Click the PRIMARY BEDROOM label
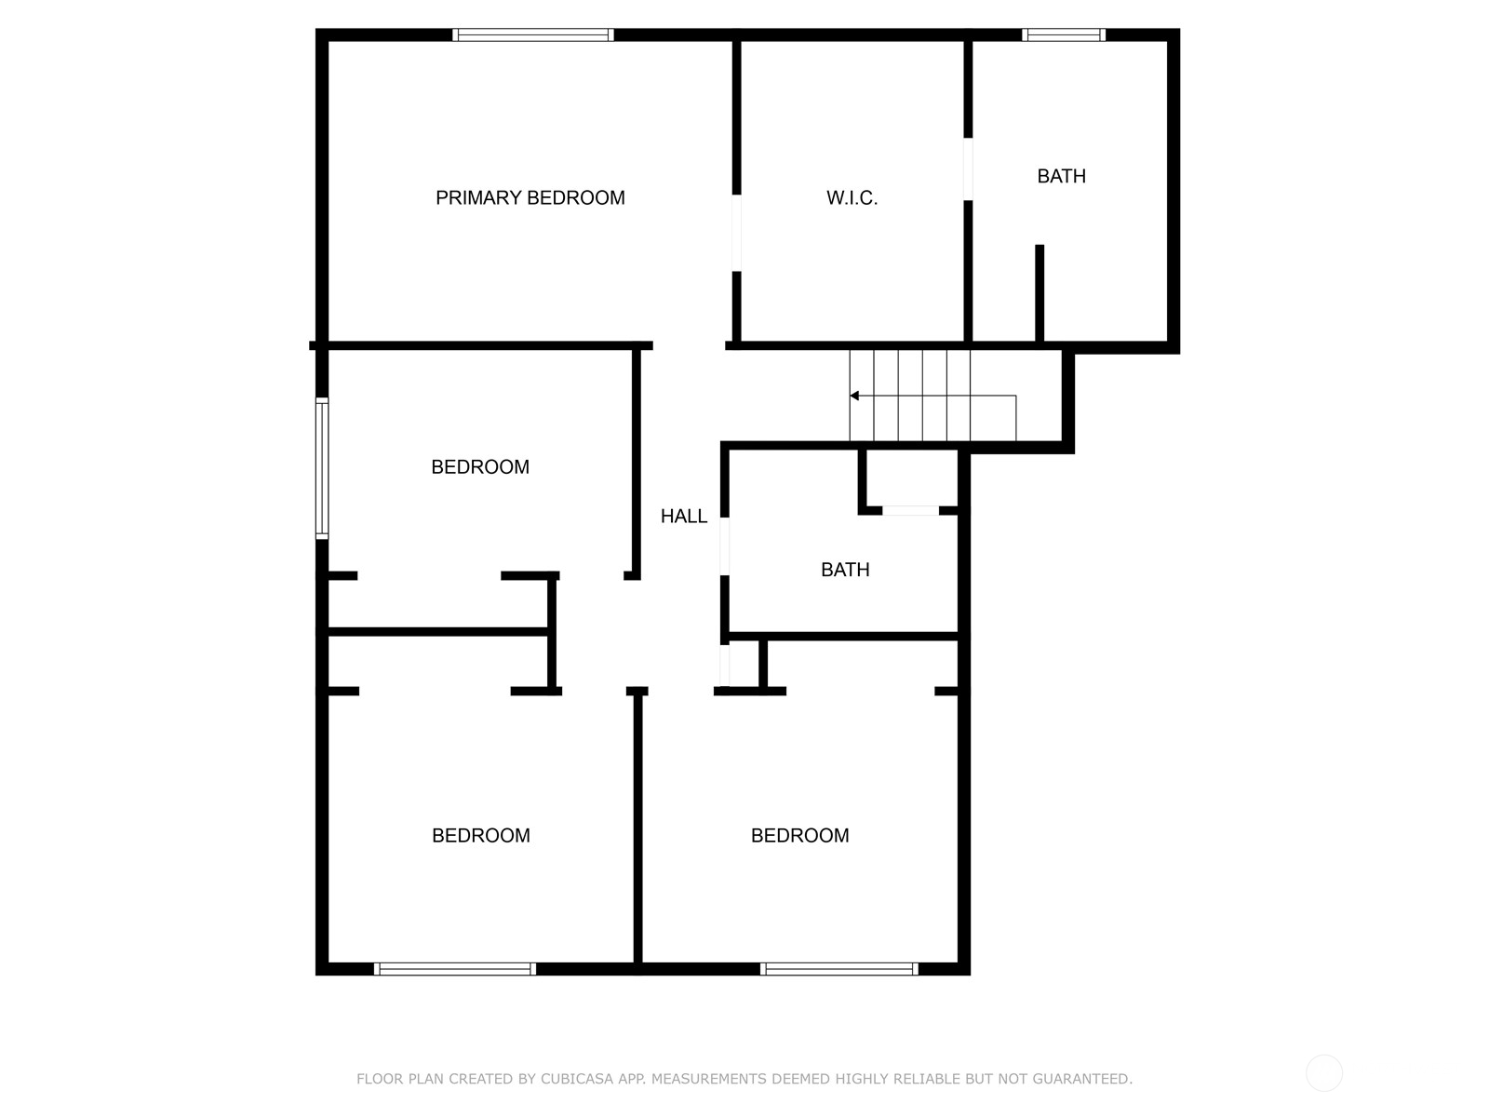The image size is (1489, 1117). pos(530,197)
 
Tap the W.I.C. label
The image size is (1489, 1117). pos(852,197)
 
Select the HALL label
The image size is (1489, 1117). pos(683,516)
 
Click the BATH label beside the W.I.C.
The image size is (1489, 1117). pos(1061,176)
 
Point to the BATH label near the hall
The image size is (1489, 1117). pos(845,570)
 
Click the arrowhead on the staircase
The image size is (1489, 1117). pos(854,396)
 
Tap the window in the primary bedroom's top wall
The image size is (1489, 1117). pos(533,35)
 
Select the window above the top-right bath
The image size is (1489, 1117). pos(1064,35)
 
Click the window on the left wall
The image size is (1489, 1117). pos(322,468)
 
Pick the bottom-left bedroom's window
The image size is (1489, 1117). pos(455,969)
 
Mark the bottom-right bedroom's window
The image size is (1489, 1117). pos(839,969)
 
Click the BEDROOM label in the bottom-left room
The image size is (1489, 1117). pos(480,836)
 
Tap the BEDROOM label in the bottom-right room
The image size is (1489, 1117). pos(799,836)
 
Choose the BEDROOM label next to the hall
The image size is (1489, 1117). pos(479,467)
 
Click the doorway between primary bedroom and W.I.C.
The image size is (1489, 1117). pos(737,233)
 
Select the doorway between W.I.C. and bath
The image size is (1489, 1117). pos(968,169)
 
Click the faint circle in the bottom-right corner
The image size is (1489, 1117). pos(1323,1072)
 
